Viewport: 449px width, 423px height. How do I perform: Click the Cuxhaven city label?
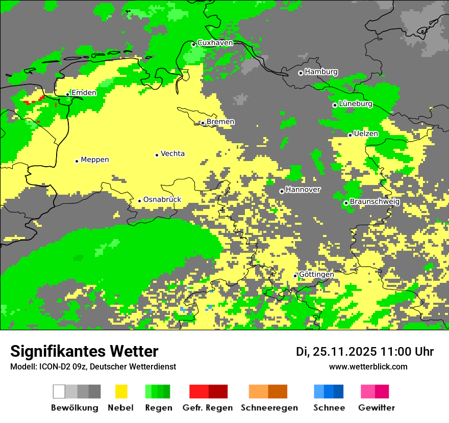click(x=215, y=43)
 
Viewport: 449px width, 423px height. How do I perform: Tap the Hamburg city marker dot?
click(x=301, y=73)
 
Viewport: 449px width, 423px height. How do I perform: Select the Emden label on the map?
click(x=84, y=93)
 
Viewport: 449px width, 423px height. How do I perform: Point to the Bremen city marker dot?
click(x=203, y=123)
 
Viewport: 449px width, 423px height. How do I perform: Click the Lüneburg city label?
click(x=356, y=103)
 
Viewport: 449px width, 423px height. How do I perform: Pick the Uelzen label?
click(x=366, y=134)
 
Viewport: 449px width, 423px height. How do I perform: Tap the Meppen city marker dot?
click(x=77, y=161)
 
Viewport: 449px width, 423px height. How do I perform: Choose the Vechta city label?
click(x=172, y=153)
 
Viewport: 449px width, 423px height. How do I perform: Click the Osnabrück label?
click(x=162, y=200)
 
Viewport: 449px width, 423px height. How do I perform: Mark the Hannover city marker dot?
click(x=282, y=191)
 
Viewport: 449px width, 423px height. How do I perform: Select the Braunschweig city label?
click(x=375, y=202)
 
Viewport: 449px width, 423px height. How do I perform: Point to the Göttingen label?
click(x=316, y=274)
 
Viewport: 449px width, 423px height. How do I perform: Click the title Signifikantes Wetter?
click(x=84, y=352)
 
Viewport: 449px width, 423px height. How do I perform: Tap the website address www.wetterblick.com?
click(x=368, y=367)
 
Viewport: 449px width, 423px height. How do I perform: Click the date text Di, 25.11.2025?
click(x=336, y=352)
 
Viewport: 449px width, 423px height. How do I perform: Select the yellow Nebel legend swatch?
click(x=121, y=391)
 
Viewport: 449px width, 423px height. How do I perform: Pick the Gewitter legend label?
click(x=376, y=408)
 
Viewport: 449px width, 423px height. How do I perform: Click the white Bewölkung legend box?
click(x=59, y=391)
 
